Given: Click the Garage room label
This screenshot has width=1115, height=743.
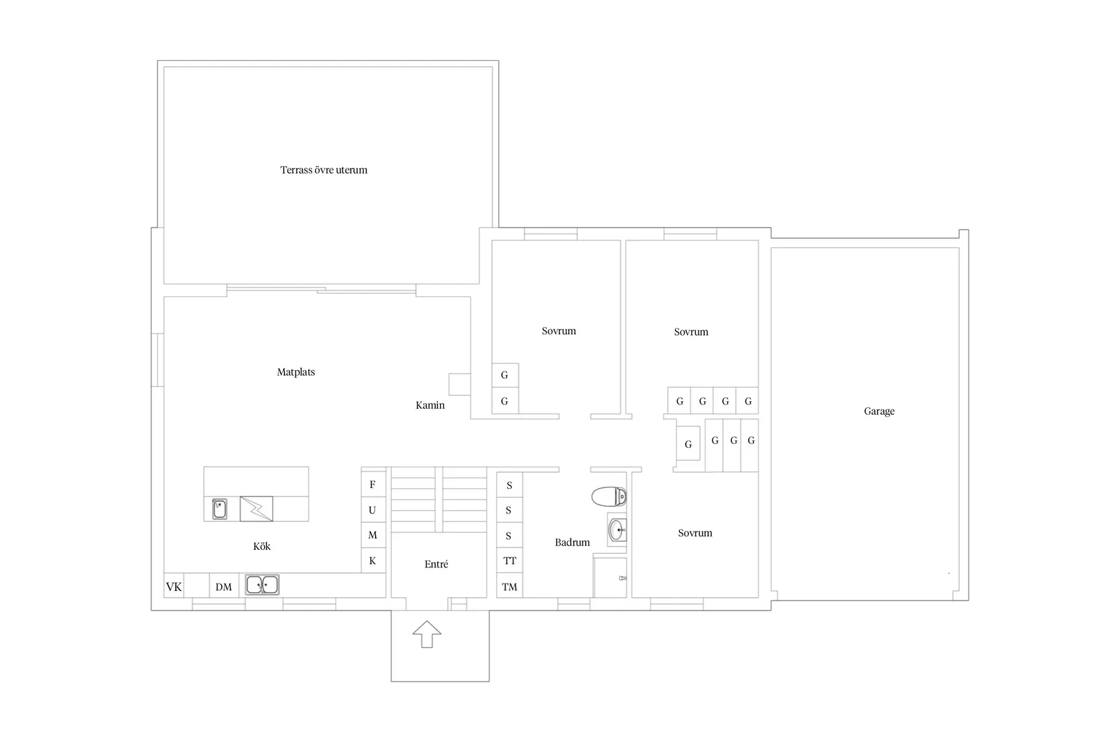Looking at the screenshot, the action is click(879, 411).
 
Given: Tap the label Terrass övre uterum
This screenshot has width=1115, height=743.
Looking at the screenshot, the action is click(324, 170).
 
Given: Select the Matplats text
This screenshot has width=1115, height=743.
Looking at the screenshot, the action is click(296, 371).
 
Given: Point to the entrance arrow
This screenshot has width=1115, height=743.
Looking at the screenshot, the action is click(426, 634).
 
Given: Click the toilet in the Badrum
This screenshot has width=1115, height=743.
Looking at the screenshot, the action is click(609, 496).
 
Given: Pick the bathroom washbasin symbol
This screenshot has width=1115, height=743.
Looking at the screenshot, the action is click(617, 530).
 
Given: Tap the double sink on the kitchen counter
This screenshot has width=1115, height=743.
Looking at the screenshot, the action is click(262, 585).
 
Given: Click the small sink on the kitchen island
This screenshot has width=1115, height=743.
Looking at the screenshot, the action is click(220, 509).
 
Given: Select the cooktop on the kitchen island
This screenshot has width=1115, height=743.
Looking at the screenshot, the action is click(256, 509).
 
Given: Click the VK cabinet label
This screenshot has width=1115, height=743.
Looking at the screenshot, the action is click(174, 587).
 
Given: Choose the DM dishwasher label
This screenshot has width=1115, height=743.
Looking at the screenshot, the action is click(224, 587).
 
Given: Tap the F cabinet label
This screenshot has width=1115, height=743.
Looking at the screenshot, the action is click(372, 484).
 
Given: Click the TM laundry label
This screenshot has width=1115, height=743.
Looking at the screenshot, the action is click(510, 587).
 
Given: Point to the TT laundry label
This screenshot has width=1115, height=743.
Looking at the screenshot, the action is click(510, 561).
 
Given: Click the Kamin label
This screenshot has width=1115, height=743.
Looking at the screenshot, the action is click(430, 405).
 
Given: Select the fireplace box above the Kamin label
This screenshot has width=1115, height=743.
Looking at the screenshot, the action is click(460, 384).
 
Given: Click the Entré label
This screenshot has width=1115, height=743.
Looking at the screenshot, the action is click(436, 564).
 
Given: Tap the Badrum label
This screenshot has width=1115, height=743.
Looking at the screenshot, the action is click(572, 542).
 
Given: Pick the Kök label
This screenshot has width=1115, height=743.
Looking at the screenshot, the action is click(262, 546).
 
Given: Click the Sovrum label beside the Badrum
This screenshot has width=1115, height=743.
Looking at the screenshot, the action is click(695, 533).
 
